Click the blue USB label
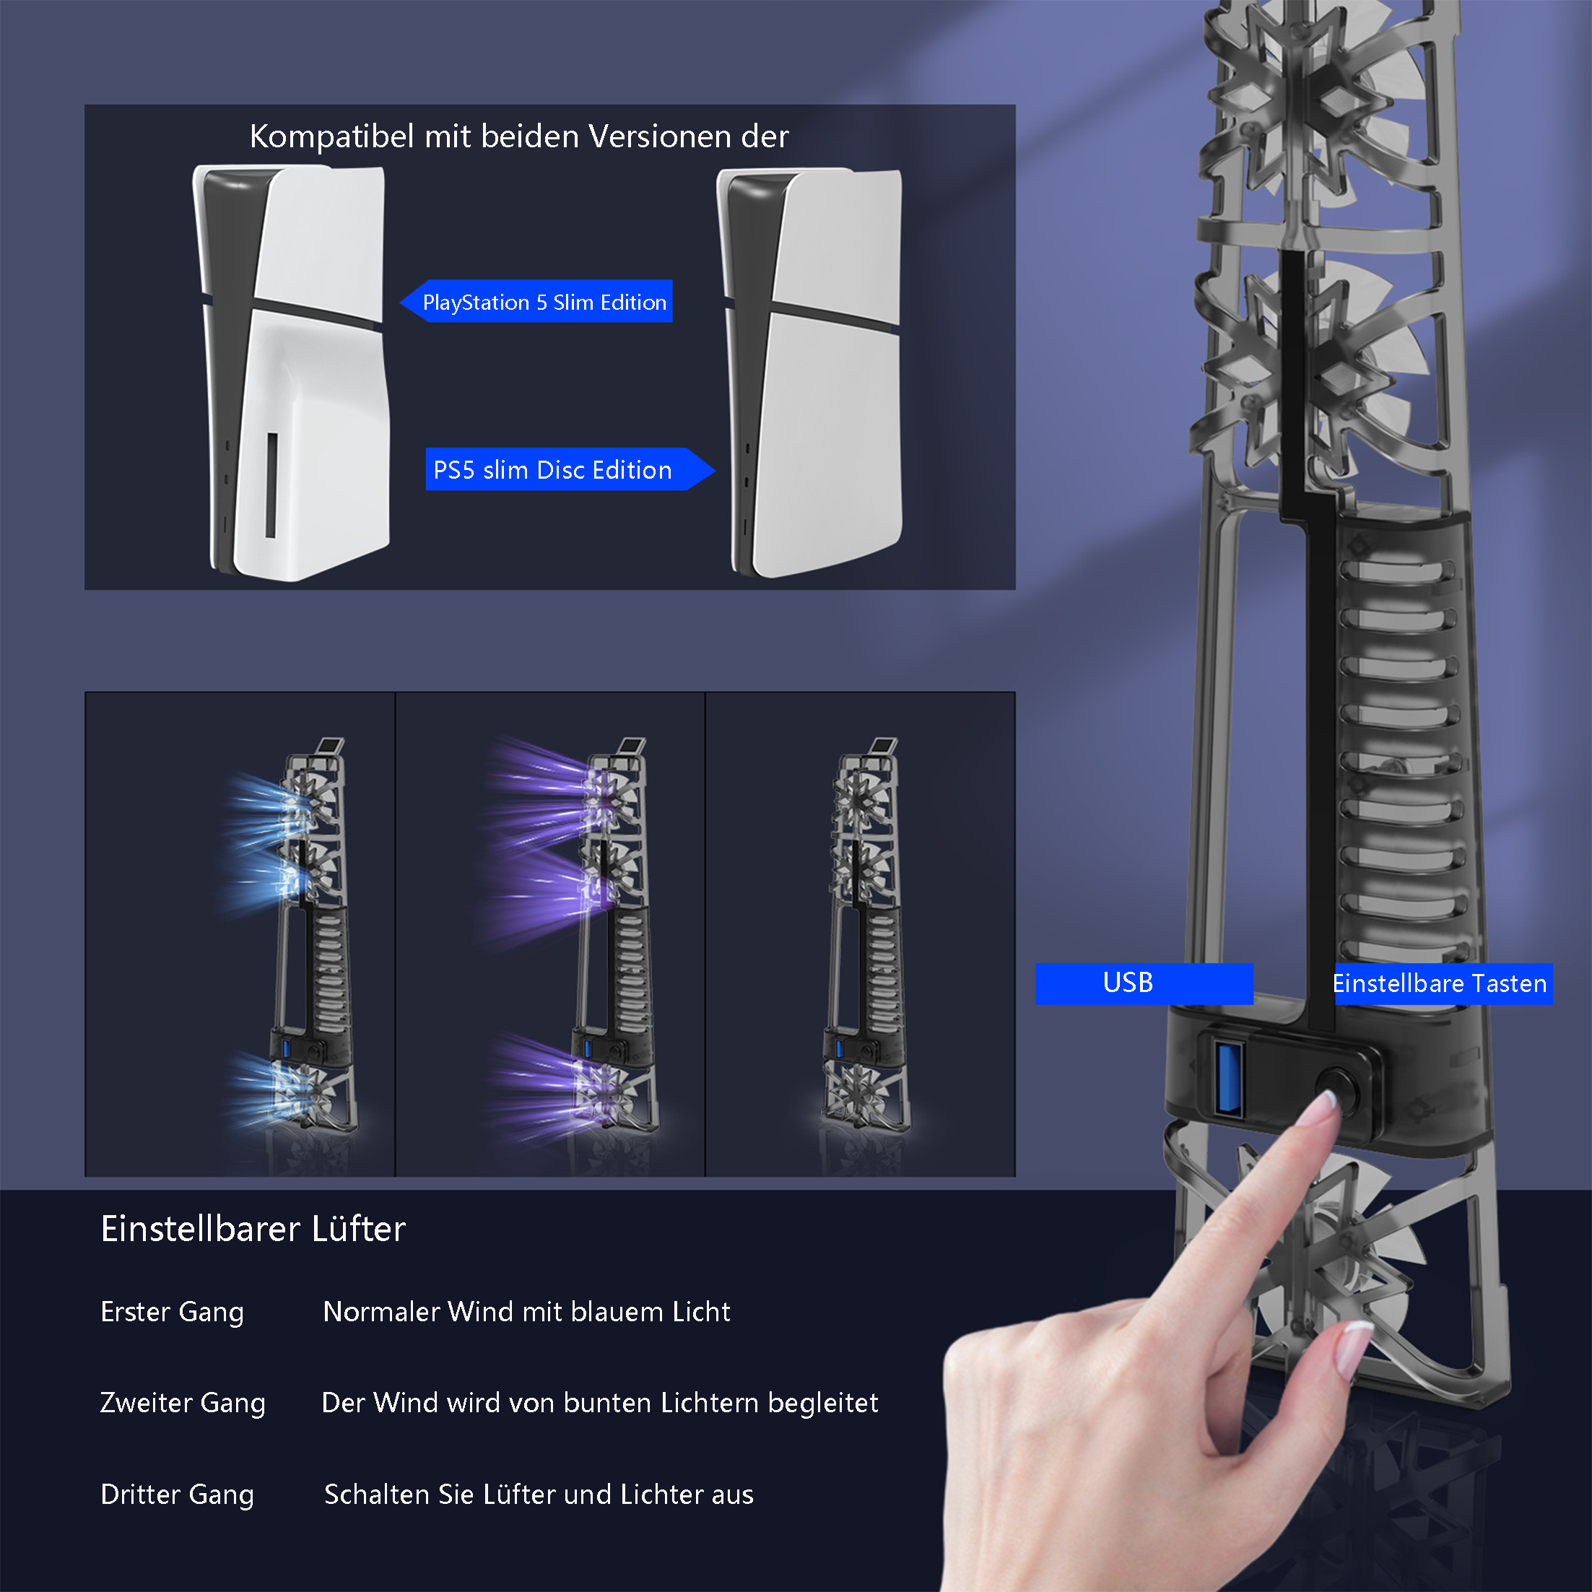click(1144, 983)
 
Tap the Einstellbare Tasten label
click(1442, 983)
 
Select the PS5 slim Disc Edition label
click(570, 470)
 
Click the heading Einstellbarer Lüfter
click(253, 1229)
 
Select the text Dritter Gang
click(177, 1495)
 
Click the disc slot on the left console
click(271, 485)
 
